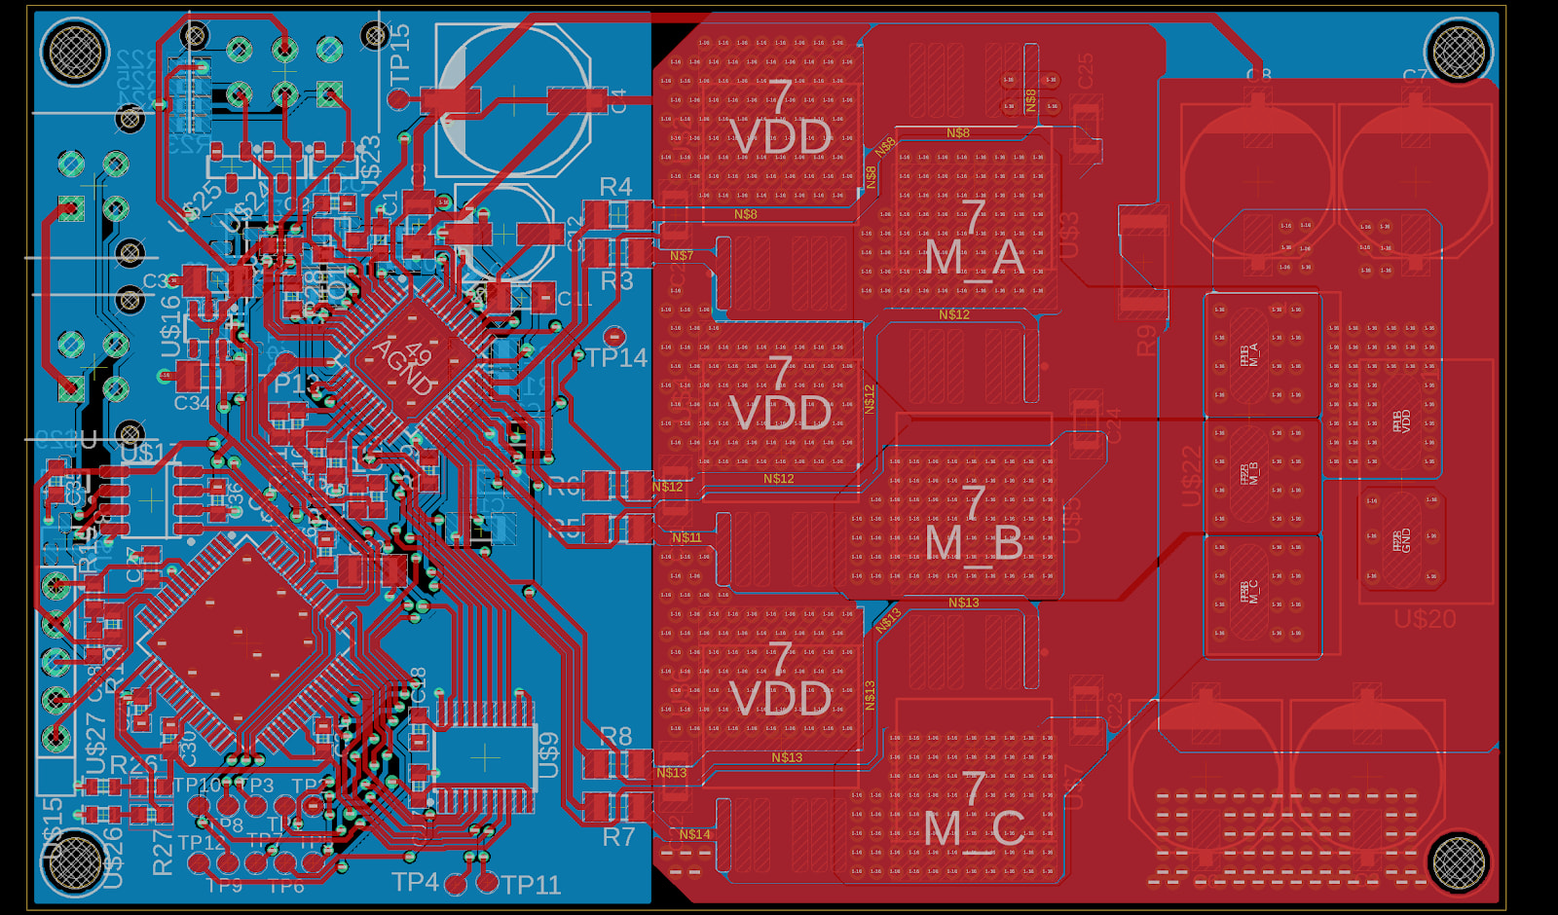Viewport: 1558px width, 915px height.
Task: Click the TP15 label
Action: pos(400,54)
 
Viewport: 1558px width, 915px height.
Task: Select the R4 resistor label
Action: pos(615,187)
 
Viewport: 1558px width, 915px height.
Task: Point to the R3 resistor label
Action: pos(616,281)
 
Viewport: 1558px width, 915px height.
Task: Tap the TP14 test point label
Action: pos(617,358)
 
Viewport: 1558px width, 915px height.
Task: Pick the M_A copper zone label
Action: pos(974,258)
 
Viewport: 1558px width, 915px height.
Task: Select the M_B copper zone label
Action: pos(974,543)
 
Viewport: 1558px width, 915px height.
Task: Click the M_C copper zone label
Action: pos(974,828)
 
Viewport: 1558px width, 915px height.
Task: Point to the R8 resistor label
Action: pos(616,737)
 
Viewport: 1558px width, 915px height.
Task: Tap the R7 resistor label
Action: pos(618,836)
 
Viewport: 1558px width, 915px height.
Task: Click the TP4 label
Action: pos(415,882)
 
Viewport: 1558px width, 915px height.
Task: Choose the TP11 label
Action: pos(531,885)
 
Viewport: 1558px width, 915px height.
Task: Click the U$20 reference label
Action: pos(1425,619)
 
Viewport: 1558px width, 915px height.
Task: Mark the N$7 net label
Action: pos(682,256)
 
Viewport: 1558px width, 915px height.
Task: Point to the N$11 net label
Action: pos(686,537)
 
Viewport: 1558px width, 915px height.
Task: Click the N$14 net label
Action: pos(694,834)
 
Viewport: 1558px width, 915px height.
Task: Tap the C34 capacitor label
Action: pos(192,403)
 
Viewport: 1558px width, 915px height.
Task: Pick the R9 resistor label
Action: pos(1147,340)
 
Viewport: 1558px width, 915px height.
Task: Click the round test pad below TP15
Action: pos(398,98)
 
